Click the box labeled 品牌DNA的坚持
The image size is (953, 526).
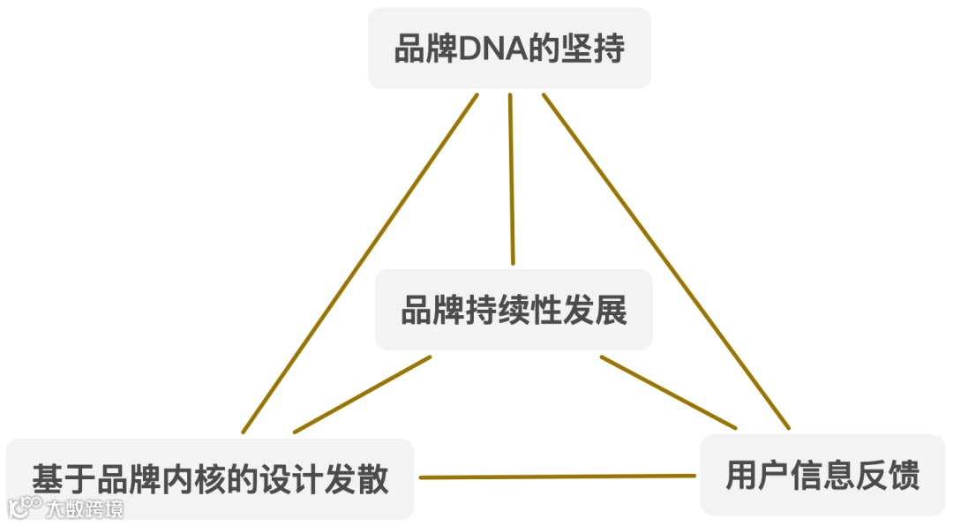[x=509, y=48]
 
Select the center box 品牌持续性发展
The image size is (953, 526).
[x=514, y=310]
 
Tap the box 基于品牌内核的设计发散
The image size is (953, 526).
[x=210, y=478]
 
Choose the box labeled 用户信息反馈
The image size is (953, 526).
[x=822, y=475]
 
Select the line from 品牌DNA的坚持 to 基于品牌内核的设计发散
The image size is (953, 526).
[x=360, y=263]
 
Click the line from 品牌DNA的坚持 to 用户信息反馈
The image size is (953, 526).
[x=666, y=262]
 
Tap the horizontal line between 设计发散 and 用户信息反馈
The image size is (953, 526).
[x=557, y=477]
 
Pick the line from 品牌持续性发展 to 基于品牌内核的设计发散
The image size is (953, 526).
[x=362, y=394]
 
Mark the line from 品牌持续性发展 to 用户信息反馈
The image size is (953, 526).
[x=668, y=393]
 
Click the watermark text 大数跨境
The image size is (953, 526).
[x=86, y=507]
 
